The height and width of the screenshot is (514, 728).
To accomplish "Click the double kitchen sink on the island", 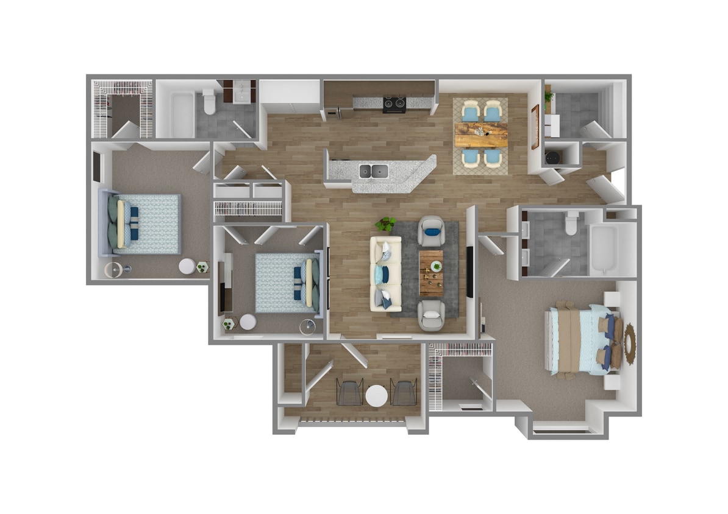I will pos(373,171).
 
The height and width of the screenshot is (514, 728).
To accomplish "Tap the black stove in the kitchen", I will pos(394,105).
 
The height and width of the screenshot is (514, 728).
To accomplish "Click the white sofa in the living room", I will pos(386,273).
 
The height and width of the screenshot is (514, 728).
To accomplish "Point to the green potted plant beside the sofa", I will pos(385,224).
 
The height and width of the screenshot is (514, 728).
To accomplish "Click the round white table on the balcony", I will pos(377,396).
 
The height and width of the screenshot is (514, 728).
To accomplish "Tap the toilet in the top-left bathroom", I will pos(209,102).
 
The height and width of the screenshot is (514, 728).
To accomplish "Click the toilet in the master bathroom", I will pos(571,224).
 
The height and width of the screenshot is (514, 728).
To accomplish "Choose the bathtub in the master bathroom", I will pos(604,249).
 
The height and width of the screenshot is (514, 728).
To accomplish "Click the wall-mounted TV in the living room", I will pos(469,272).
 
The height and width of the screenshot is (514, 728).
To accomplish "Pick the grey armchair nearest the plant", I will pos(432,231).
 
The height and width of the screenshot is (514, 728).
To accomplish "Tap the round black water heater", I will pos(554,157).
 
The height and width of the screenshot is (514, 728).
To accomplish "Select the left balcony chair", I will pos(350,393).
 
